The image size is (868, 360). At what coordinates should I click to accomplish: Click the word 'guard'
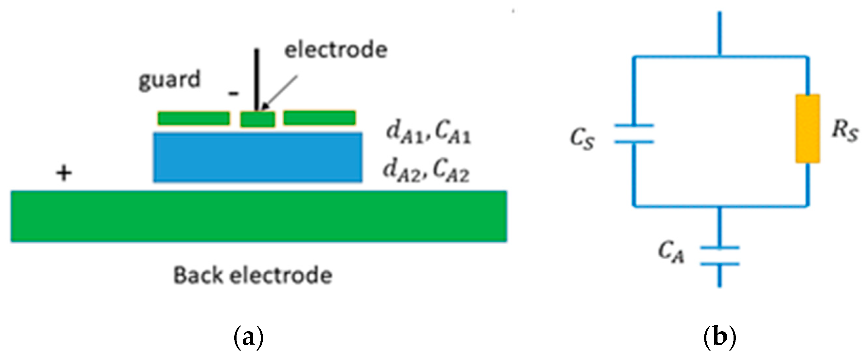(169, 80)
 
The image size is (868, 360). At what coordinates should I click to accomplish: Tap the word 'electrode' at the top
(336, 50)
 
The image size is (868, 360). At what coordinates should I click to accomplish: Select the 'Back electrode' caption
(253, 275)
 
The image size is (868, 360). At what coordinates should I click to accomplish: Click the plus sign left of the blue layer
(64, 173)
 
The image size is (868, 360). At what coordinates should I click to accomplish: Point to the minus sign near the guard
(234, 93)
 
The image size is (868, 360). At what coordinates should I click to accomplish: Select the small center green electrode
(257, 119)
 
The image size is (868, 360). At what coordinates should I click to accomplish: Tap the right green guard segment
(319, 118)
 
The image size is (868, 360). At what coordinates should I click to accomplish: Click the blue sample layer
(258, 157)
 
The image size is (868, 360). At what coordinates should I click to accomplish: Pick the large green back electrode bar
(258, 216)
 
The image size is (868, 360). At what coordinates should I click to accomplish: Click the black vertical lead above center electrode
(257, 79)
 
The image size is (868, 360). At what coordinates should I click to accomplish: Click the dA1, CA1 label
(428, 133)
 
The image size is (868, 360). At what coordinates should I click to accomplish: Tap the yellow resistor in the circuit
(808, 129)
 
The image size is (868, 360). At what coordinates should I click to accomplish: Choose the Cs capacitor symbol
(634, 134)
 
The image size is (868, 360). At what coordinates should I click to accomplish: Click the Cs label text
(582, 139)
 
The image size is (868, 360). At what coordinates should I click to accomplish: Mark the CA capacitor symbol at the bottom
(719, 256)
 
